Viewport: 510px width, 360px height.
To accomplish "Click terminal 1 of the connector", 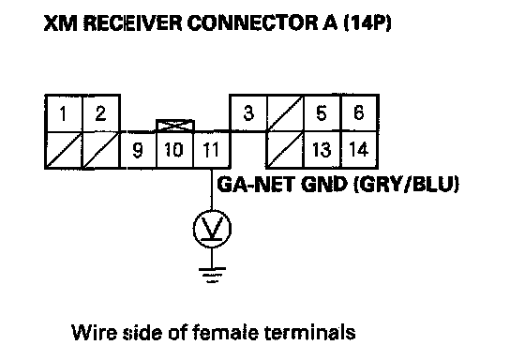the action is click(64, 113).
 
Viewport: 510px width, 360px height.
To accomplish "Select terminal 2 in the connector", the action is click(101, 113).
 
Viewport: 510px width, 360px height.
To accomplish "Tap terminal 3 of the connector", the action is click(248, 113).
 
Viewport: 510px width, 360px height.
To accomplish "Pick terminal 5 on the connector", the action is click(322, 113).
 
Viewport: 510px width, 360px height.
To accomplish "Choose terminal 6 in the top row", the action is click(359, 113).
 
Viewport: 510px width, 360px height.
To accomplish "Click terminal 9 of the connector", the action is click(138, 150).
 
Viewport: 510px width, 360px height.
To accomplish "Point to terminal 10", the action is click(175, 150).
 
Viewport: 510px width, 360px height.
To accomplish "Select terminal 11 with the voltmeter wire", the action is click(212, 150).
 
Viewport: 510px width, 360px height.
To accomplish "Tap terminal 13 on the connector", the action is click(322, 150).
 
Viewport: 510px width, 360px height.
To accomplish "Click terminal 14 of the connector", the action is click(359, 150).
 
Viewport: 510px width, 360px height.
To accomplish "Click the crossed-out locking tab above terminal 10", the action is click(175, 126).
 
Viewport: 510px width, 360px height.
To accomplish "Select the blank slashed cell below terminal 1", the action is click(64, 150).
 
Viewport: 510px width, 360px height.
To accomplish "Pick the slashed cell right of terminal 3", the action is click(285, 113).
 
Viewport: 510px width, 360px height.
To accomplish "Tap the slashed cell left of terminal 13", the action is click(285, 150).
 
